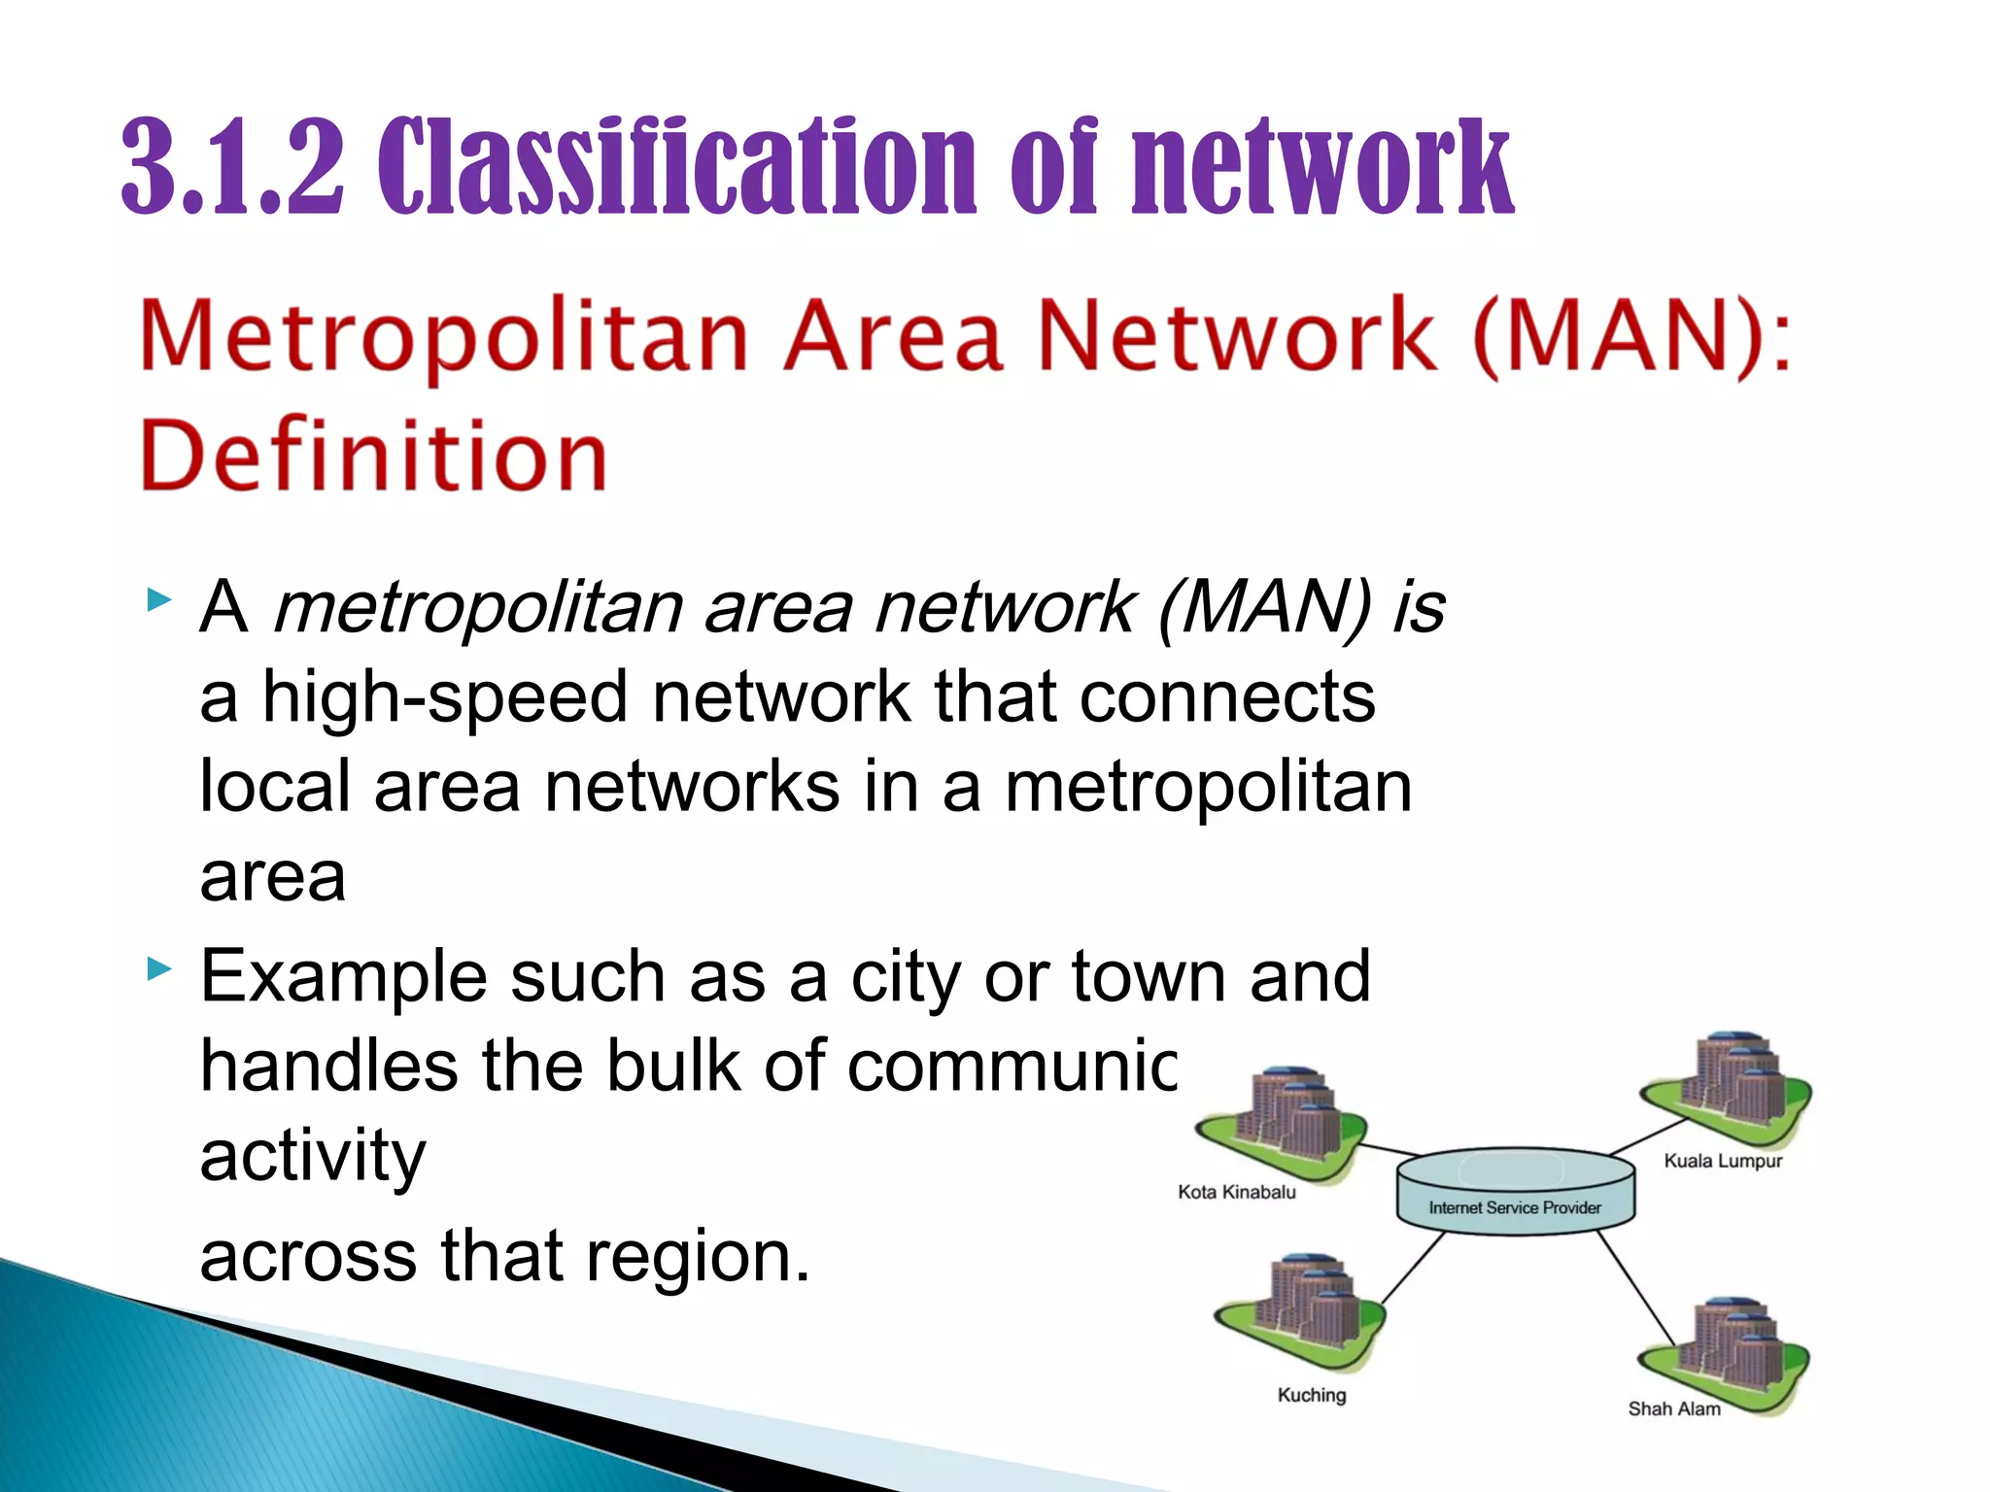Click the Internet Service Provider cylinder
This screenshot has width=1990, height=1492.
click(1515, 1193)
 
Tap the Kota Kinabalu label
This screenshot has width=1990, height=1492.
click(1236, 1192)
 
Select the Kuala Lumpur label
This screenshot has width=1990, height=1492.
click(1723, 1161)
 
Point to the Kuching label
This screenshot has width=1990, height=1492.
click(1311, 1395)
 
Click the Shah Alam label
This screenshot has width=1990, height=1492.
click(1673, 1408)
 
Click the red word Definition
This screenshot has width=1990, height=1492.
click(374, 457)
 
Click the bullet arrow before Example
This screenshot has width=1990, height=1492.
click(158, 968)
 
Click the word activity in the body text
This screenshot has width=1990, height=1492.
click(313, 1156)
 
